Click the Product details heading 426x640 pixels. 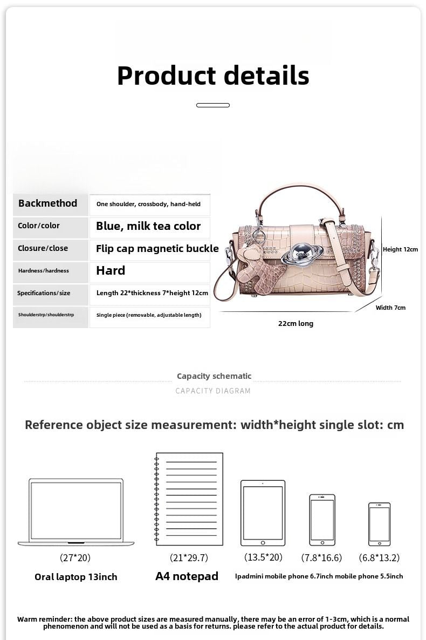213,76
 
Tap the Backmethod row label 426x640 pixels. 48,203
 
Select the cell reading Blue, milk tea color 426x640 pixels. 148,226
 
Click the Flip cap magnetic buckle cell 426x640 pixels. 157,249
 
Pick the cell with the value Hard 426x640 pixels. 111,270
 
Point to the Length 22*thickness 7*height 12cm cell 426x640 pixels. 152,293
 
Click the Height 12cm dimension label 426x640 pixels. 400,249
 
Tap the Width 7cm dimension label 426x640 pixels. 390,308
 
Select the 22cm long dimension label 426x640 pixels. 296,324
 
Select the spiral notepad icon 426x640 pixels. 189,499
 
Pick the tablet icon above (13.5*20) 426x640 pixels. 263,513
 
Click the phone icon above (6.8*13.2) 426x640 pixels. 379,524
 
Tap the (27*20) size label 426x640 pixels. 75,558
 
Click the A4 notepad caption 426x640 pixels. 187,576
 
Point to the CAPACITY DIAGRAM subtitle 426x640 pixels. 213,391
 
